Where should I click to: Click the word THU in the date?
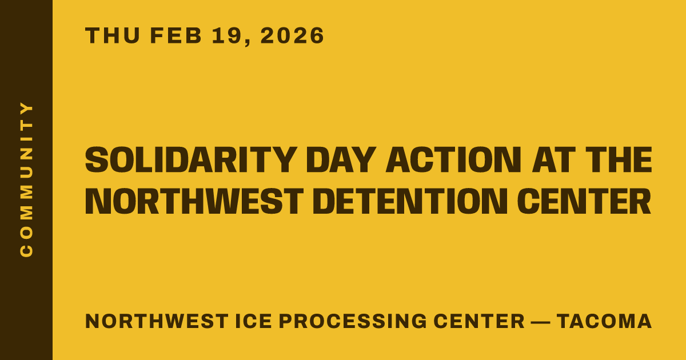tap(113, 35)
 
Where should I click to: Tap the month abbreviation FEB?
tap(176, 35)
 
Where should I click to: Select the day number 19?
tap(227, 35)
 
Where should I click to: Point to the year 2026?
tap(292, 35)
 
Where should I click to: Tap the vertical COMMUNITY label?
tap(26, 179)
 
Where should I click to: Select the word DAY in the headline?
tap(341, 160)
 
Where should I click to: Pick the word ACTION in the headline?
tap(453, 160)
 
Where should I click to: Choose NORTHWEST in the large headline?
tap(194, 201)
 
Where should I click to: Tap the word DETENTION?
tap(410, 201)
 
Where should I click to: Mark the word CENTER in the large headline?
tap(584, 201)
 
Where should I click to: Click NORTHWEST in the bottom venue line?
tap(157, 321)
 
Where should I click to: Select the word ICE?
tap(254, 321)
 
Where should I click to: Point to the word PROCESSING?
tap(353, 321)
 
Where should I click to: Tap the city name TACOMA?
tap(604, 321)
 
